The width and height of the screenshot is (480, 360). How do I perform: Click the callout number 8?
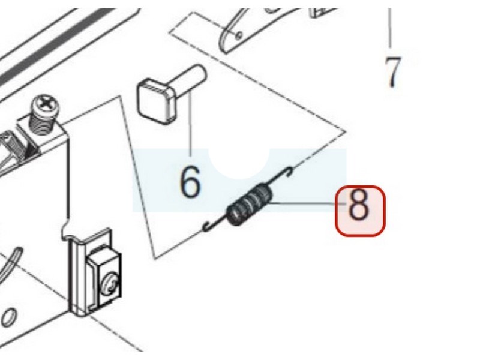pos(358,205)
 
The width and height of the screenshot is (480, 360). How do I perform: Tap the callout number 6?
pos(190,182)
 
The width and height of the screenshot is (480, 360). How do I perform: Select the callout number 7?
pos(392,72)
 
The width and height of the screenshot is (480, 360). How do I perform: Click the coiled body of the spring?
pos(250,204)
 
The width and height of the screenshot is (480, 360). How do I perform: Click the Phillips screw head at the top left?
pos(45,106)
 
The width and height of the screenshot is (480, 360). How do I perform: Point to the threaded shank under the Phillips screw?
pos(43,125)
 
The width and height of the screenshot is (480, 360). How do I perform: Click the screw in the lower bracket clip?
pos(110,286)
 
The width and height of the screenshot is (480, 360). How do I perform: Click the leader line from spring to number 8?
pos(308,203)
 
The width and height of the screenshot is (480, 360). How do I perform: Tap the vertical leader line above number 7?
pos(389,28)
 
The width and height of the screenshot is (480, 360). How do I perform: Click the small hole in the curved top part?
pos(239,35)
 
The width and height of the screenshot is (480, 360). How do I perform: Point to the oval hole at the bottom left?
pos(8,318)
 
